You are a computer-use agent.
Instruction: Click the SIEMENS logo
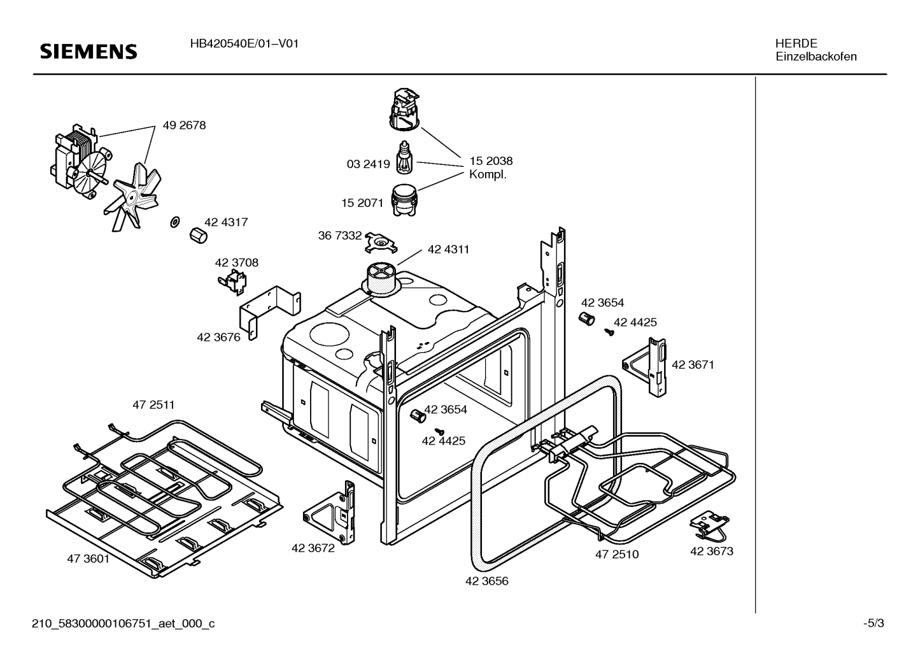click(x=88, y=52)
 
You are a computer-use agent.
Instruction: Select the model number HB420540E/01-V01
click(x=244, y=44)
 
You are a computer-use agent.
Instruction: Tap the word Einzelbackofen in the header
click(x=816, y=57)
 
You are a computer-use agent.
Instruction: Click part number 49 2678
click(x=184, y=125)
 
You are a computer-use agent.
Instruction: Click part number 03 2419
click(x=368, y=164)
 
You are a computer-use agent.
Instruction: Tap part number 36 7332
click(x=340, y=236)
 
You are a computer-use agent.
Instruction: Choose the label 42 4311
click(x=448, y=249)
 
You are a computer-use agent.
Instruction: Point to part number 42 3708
click(x=236, y=262)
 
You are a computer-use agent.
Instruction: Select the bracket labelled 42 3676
click(x=271, y=308)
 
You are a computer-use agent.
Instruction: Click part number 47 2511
click(x=153, y=404)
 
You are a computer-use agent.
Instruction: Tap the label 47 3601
click(x=88, y=559)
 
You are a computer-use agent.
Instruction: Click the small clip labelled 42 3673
click(x=707, y=524)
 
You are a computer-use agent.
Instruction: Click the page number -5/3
click(x=873, y=624)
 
